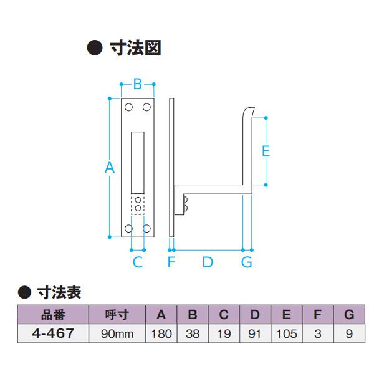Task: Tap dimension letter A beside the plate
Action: pyautogui.click(x=110, y=167)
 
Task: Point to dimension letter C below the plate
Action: pyautogui.click(x=138, y=262)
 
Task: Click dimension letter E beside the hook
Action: pyautogui.click(x=265, y=151)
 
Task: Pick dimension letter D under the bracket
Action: pyautogui.click(x=208, y=262)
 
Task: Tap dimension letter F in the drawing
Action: pyautogui.click(x=171, y=262)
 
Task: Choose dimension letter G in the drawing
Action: pyautogui.click(x=247, y=262)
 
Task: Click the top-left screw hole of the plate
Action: pyautogui.click(x=128, y=108)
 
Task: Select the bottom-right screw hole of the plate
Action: pyautogui.click(x=147, y=228)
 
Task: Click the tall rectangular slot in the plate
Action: pyautogui.click(x=138, y=161)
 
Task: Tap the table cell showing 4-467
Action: pyautogui.click(x=52, y=333)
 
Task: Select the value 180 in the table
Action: pyautogui.click(x=161, y=333)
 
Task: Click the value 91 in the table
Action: pyautogui.click(x=255, y=333)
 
